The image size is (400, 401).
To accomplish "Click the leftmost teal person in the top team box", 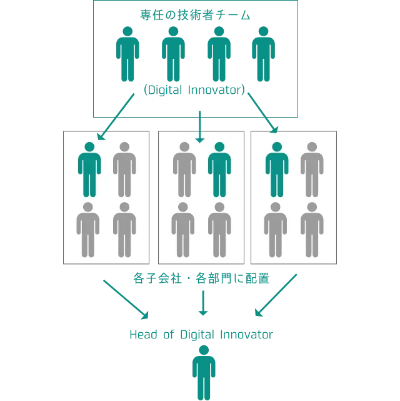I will pyautogui.click(x=127, y=54).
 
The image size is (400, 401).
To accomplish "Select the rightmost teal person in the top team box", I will pyautogui.click(x=262, y=54).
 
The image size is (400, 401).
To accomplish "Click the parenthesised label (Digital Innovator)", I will pyautogui.click(x=195, y=90).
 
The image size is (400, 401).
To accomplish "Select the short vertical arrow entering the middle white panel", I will pyautogui.click(x=200, y=127).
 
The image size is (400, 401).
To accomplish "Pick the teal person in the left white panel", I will pyautogui.click(x=89, y=169).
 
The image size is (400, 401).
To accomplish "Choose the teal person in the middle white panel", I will pyautogui.click(x=219, y=169).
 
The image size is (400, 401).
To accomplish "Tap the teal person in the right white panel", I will pyautogui.click(x=277, y=169).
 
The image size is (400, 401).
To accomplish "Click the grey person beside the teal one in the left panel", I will pyautogui.click(x=124, y=169).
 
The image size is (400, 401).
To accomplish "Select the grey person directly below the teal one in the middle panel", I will pyautogui.click(x=219, y=229).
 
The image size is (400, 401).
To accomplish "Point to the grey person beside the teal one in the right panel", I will pyautogui.click(x=312, y=169).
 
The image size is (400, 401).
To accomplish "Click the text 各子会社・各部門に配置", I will pyautogui.click(x=200, y=278).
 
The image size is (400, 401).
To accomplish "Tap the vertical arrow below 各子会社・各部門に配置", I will pyautogui.click(x=201, y=305).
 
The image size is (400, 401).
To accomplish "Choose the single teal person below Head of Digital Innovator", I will pyautogui.click(x=204, y=372).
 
